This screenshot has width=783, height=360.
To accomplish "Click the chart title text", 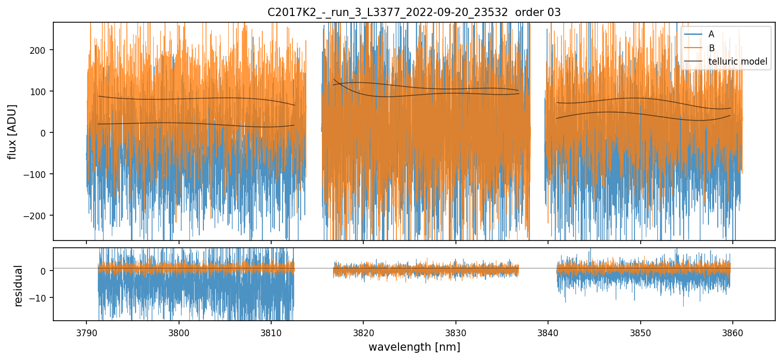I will click(414, 12).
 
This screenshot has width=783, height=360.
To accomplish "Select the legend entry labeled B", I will click(711, 49).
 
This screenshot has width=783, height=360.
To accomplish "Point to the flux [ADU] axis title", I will click(12, 131).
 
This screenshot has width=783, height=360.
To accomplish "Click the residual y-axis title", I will click(19, 286).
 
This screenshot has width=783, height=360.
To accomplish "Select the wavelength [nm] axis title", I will click(414, 347).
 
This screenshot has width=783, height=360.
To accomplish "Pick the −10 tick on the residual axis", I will click(40, 298).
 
